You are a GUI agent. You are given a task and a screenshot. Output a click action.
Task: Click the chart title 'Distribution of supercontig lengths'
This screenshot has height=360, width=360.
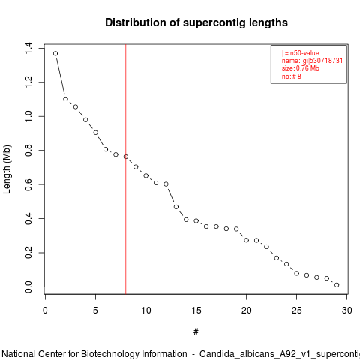click(196, 22)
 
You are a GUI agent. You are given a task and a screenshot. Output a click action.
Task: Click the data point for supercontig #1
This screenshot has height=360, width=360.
click(55, 53)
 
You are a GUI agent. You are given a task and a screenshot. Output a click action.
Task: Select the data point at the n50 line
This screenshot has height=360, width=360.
click(126, 157)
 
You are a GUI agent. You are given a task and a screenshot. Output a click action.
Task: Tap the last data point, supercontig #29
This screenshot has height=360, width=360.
click(337, 285)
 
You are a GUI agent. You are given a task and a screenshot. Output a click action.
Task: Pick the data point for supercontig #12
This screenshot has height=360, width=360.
click(166, 184)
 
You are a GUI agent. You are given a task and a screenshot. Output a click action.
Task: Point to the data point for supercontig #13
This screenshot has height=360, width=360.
click(176, 207)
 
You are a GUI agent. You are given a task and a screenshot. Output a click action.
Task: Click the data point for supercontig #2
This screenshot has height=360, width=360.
click(65, 99)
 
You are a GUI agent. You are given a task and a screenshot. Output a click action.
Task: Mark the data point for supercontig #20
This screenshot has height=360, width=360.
click(247, 240)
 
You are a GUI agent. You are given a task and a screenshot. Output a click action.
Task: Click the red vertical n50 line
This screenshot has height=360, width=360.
click(126, 169)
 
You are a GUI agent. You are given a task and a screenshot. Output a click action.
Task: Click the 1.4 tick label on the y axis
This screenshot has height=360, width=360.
click(28, 48)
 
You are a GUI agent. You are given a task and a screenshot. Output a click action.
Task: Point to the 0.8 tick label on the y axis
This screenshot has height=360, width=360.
click(28, 151)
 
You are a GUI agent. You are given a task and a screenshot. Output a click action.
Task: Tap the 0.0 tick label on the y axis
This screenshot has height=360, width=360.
click(28, 286)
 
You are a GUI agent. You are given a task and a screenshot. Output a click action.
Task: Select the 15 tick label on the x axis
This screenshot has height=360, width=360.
click(196, 310)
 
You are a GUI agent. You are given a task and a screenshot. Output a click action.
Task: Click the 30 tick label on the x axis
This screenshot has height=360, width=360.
click(347, 310)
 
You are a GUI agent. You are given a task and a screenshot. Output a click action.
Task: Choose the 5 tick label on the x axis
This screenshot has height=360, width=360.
click(95, 310)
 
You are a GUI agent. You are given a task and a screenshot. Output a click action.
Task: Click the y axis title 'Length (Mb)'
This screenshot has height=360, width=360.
click(7, 169)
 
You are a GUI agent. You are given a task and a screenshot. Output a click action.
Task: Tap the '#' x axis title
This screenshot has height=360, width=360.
click(196, 332)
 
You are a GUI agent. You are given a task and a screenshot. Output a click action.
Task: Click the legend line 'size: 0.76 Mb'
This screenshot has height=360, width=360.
click(301, 68)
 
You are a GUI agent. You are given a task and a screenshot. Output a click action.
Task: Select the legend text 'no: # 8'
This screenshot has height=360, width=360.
click(292, 76)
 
